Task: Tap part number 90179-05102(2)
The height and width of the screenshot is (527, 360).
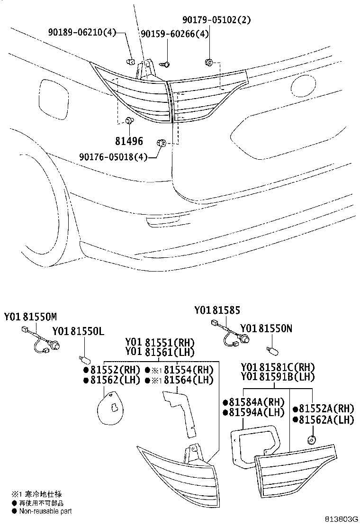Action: (x=216, y=20)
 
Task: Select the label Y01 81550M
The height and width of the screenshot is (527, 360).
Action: (x=31, y=317)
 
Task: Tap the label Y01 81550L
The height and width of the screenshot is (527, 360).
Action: (x=78, y=331)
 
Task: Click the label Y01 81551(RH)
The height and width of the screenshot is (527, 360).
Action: (x=160, y=342)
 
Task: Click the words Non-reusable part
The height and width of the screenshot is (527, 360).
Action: (x=45, y=511)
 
